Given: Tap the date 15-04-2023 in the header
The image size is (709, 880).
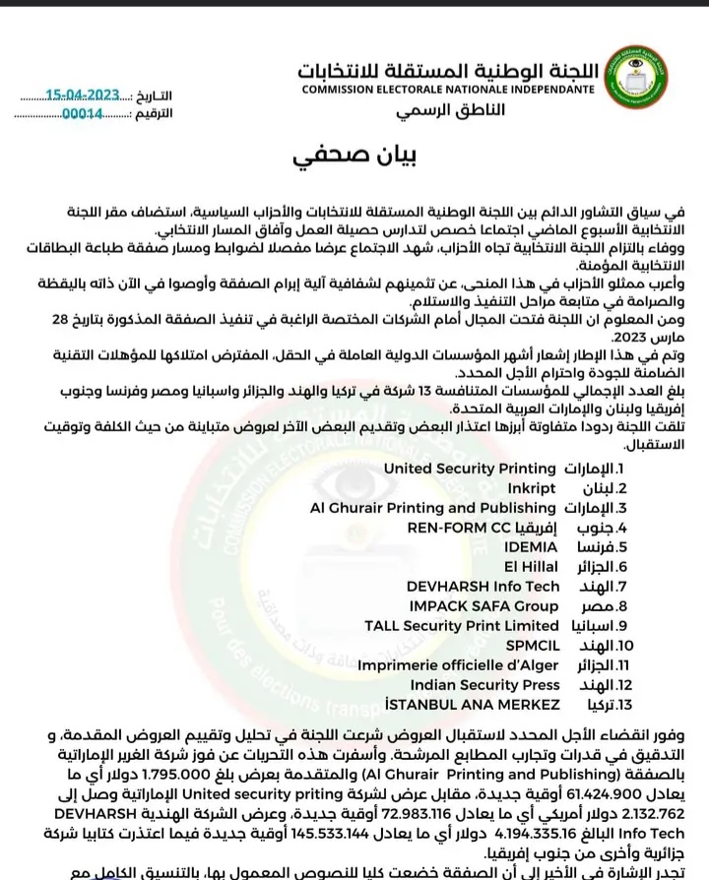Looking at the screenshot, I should click(x=83, y=94).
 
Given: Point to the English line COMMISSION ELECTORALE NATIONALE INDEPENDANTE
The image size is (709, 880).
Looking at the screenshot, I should click(x=448, y=90).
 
